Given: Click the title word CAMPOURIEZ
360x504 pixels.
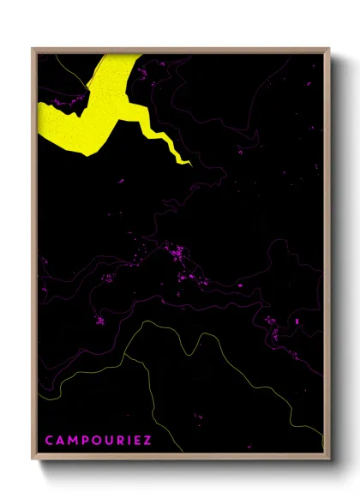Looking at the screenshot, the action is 98,441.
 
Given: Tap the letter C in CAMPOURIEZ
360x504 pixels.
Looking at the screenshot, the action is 49,441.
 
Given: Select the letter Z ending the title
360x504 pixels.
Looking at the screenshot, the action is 147,441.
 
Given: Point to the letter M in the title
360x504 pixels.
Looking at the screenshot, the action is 72,441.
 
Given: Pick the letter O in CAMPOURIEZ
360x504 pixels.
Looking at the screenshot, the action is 95,441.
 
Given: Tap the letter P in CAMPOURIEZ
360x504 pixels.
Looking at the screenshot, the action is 84,441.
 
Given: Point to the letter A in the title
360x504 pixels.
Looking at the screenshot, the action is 60,441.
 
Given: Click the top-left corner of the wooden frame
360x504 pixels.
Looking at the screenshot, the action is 33,49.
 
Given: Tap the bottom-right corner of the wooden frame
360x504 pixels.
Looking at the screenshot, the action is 330,460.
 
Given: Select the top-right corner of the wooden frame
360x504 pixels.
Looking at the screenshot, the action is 330,49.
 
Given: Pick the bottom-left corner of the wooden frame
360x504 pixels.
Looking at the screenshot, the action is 33,460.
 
